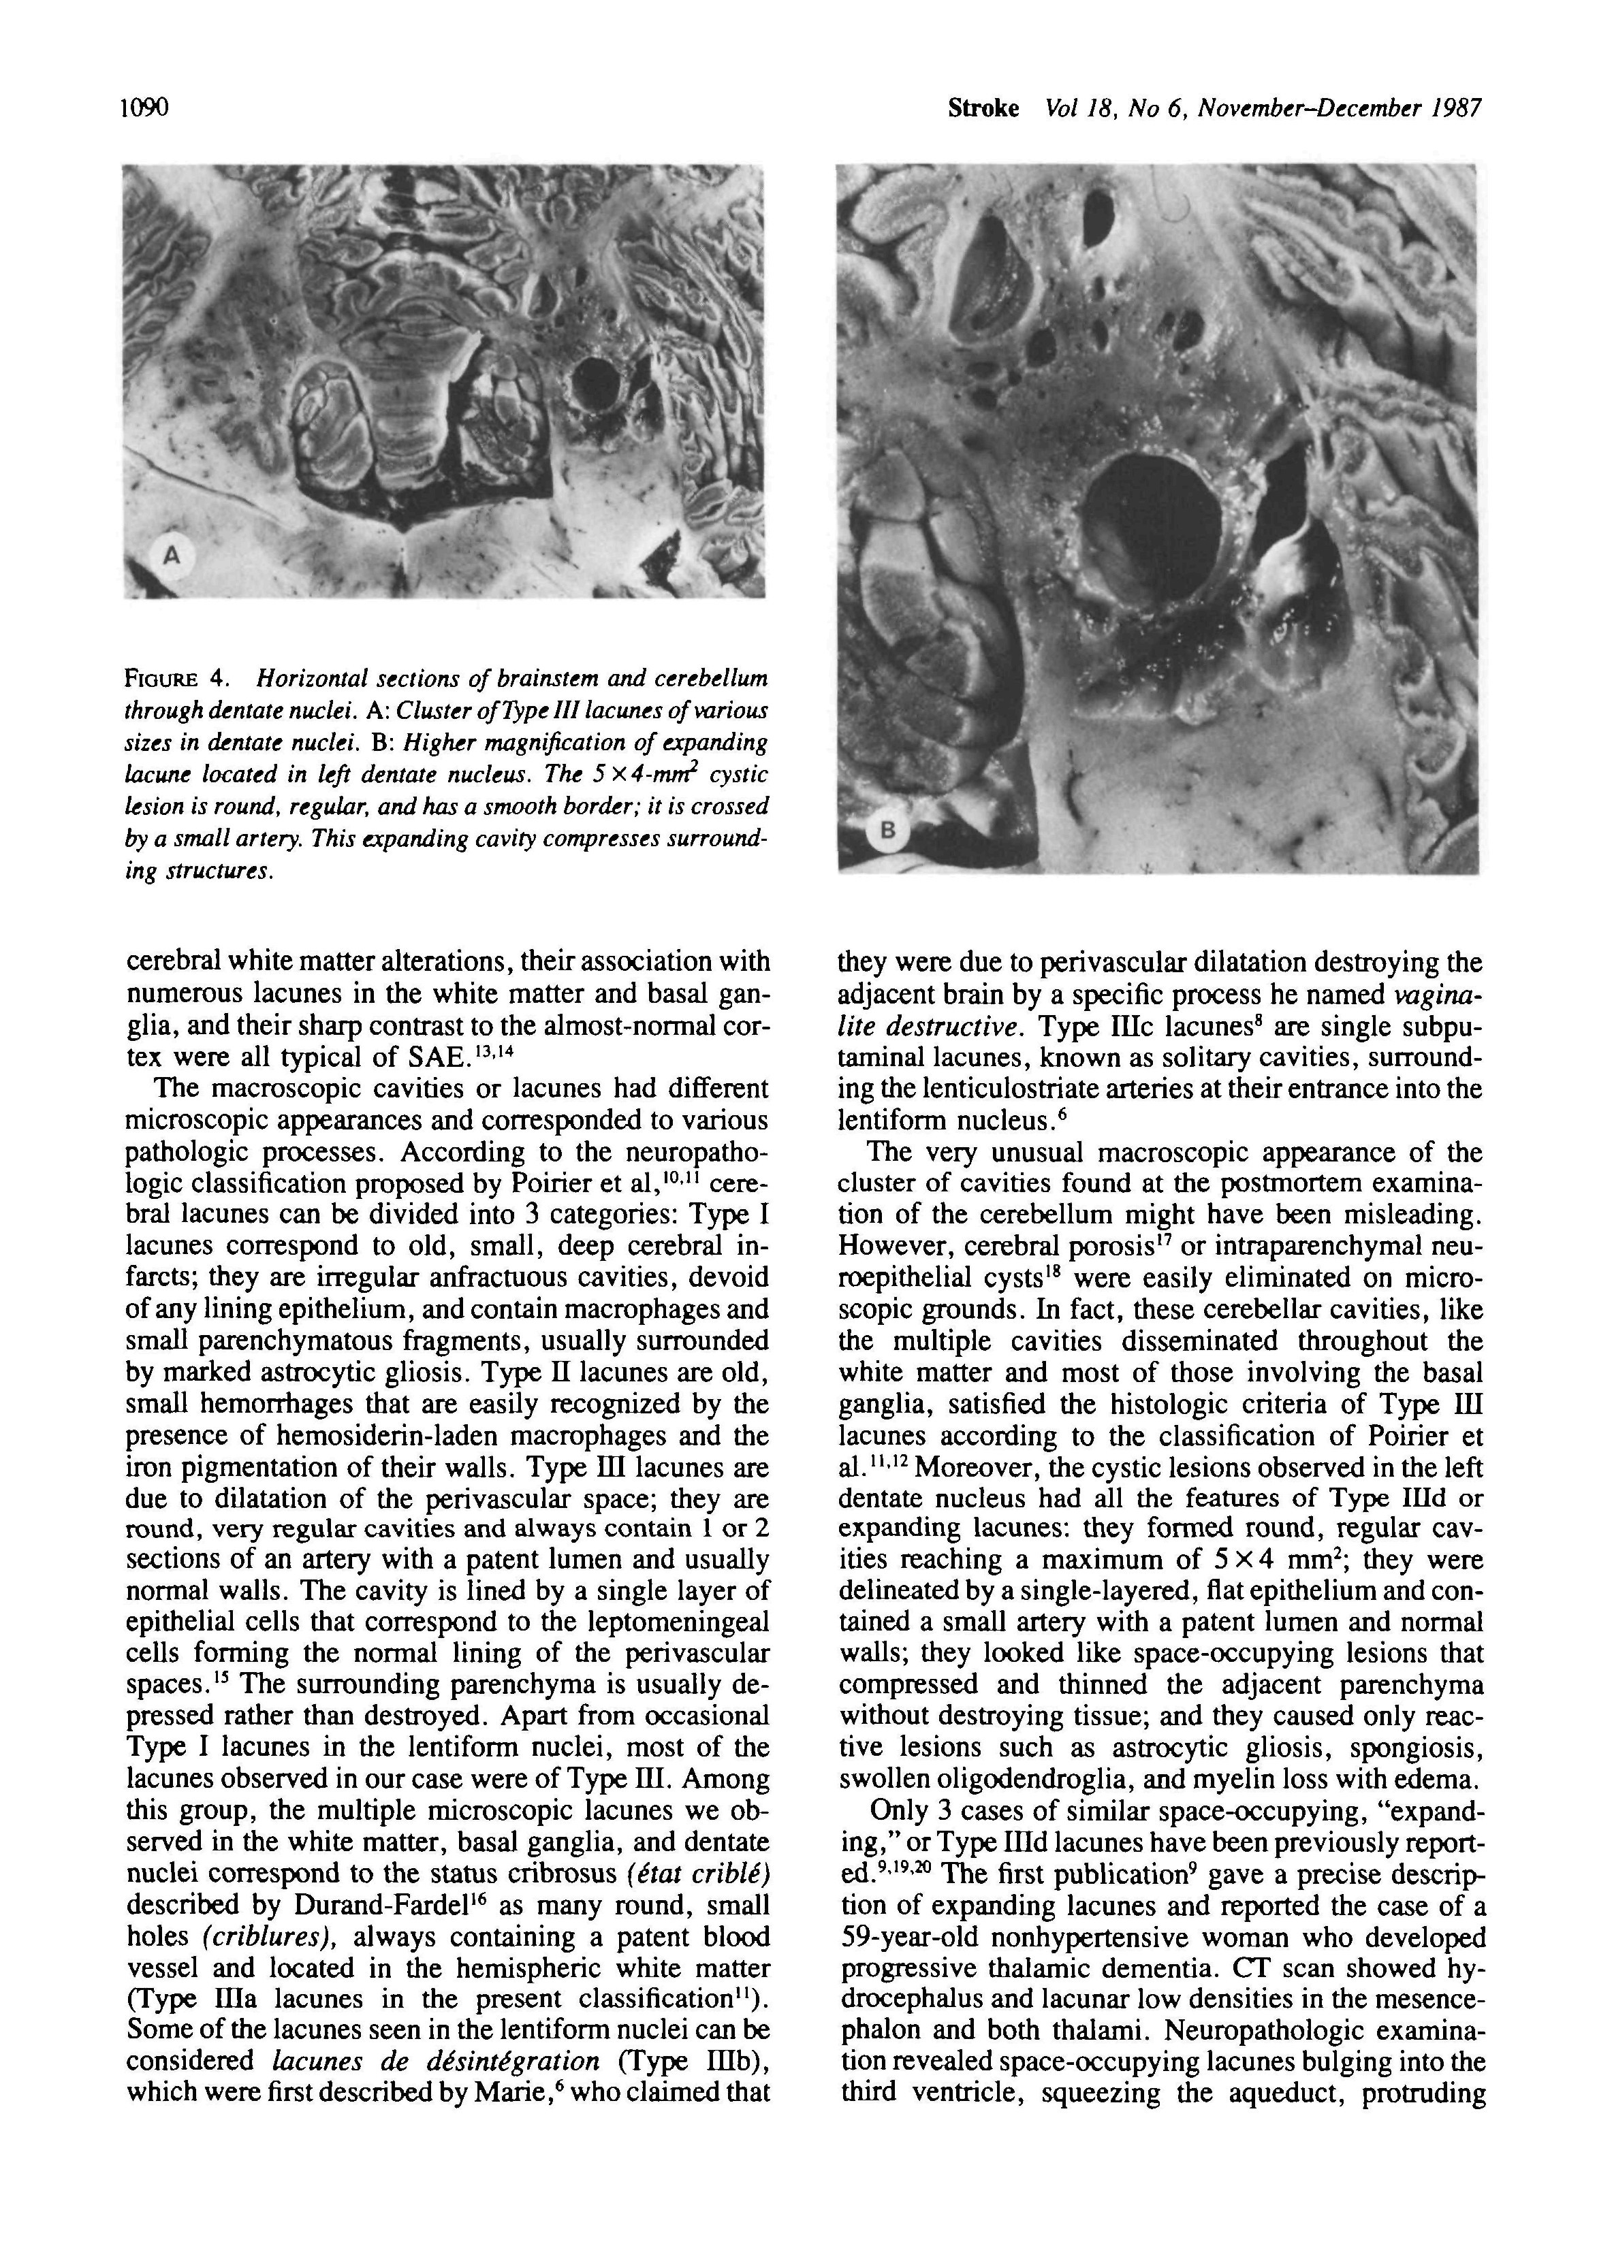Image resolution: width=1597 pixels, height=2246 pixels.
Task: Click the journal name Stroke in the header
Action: pos(983,108)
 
